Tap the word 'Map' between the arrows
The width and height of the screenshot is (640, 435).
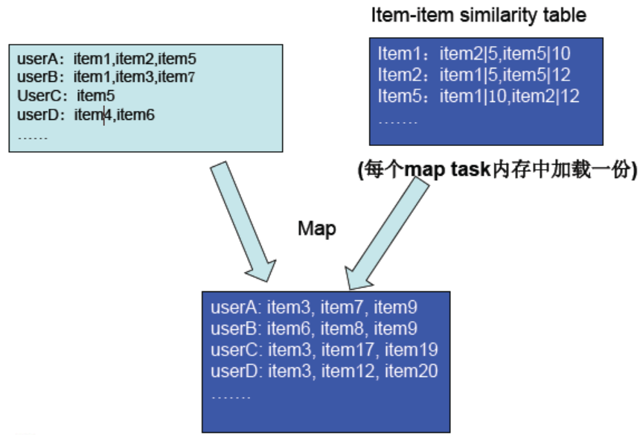point(317,228)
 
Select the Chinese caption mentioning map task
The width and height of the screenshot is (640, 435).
point(497,171)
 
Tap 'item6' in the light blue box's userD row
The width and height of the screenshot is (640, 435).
point(135,115)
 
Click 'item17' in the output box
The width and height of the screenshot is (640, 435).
point(349,349)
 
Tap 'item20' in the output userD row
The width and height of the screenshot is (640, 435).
point(412,370)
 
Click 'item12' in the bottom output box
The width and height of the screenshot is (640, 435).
point(349,370)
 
